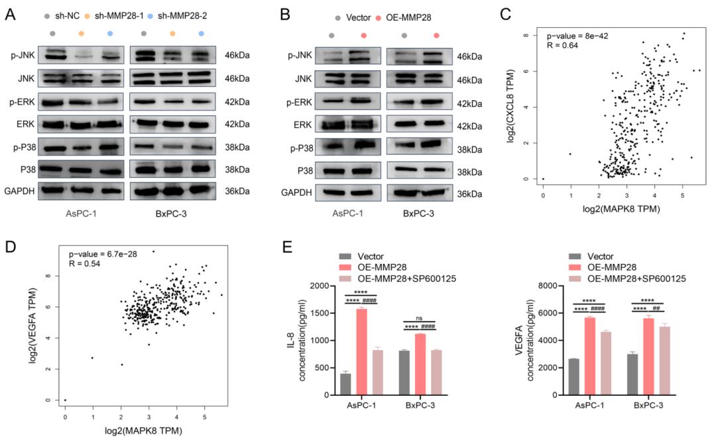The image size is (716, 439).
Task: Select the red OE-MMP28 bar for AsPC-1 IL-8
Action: pyautogui.click(x=361, y=351)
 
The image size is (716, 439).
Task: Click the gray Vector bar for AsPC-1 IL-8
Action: pyautogui.click(x=345, y=384)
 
